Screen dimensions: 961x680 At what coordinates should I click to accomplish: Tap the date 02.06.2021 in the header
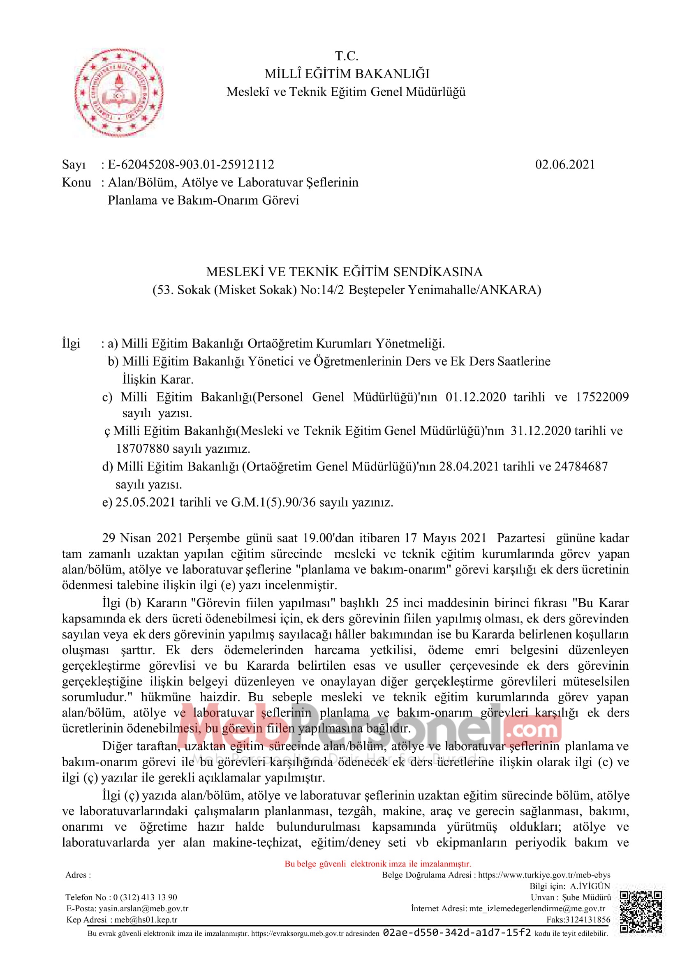coord(565,164)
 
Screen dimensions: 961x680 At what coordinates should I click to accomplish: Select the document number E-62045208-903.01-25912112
coord(191,164)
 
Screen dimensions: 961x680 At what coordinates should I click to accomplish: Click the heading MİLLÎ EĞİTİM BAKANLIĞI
coord(347,74)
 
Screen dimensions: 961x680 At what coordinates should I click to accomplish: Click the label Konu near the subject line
coord(76,182)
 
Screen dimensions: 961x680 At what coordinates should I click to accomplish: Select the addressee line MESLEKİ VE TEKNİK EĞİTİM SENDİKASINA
coord(344,272)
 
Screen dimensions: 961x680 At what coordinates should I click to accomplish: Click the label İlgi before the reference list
coord(71,343)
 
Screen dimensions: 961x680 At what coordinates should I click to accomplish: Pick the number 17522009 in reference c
coord(602,397)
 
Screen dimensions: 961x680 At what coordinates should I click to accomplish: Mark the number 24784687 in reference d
coord(581,466)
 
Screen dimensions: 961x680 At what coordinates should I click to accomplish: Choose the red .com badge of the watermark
coord(532,731)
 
